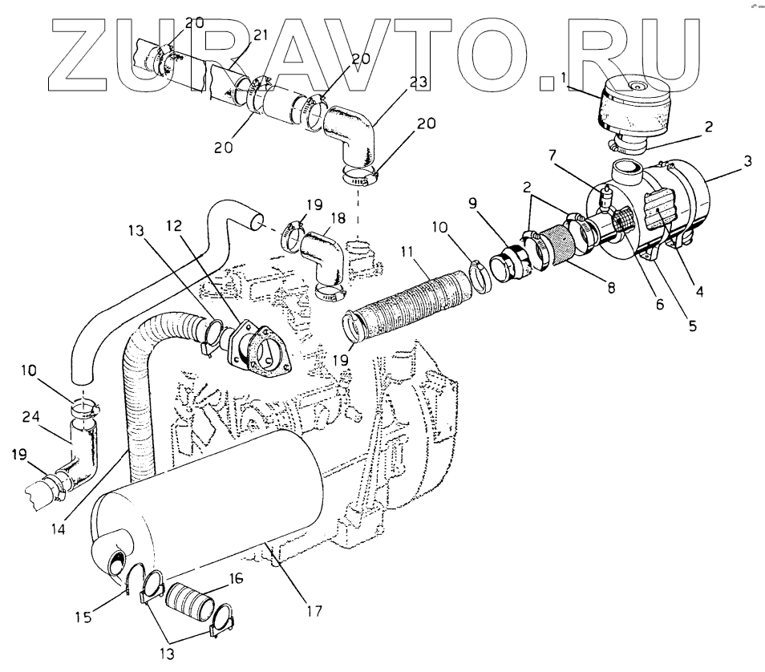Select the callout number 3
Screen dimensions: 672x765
click(747, 162)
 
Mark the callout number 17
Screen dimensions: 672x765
click(314, 611)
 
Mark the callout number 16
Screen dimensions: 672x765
click(237, 578)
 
